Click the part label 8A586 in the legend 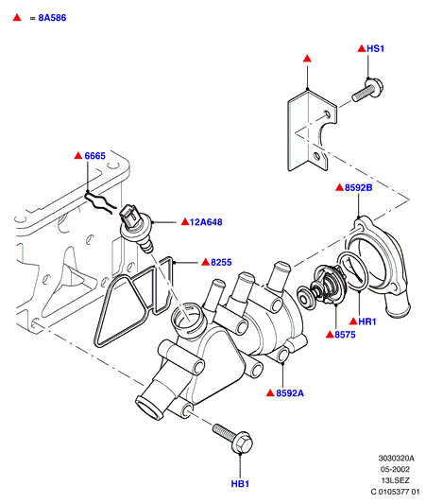(52, 18)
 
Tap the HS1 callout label (375, 48)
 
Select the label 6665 (94, 156)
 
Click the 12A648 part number (206, 222)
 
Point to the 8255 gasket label (221, 263)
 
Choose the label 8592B (358, 188)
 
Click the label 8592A (290, 393)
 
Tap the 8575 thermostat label (345, 335)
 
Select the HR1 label (366, 322)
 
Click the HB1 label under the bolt (240, 484)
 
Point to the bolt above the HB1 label (232, 438)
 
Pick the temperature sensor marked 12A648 (136, 228)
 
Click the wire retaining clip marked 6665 (98, 202)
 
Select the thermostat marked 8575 (322, 287)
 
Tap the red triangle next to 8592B (339, 187)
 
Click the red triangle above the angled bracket (308, 59)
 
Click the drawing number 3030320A (396, 458)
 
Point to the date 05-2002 (395, 469)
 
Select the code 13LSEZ (395, 480)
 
